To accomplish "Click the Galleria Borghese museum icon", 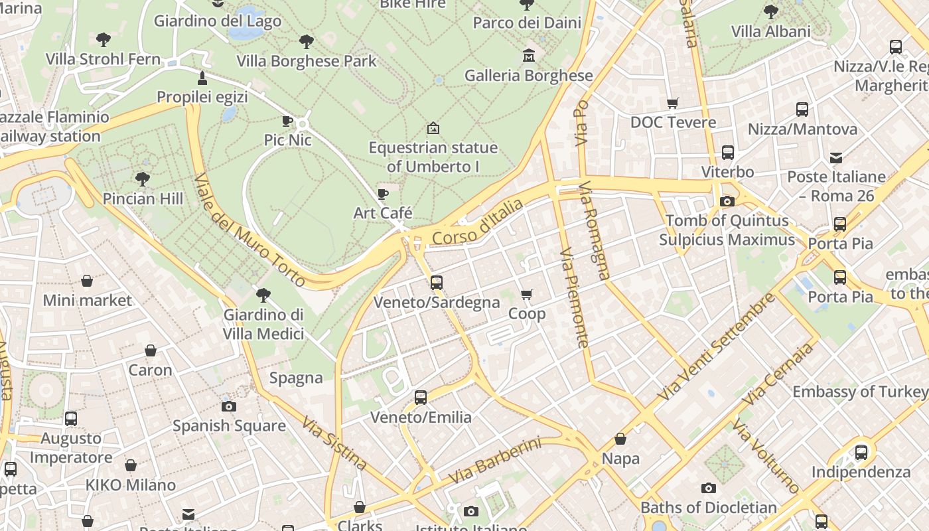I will pyautogui.click(x=529, y=54).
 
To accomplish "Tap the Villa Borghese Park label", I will pyautogui.click(x=307, y=61).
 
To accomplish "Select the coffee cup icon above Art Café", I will pyautogui.click(x=383, y=194).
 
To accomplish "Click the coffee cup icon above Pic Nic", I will pyautogui.click(x=287, y=121).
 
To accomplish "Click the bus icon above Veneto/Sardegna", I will pyautogui.click(x=436, y=282).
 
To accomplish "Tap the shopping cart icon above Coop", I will pyautogui.click(x=527, y=293).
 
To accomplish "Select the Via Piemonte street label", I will pyautogui.click(x=574, y=298).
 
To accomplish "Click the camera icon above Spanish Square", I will pyautogui.click(x=229, y=406).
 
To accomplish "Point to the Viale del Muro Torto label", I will pyautogui.click(x=250, y=230).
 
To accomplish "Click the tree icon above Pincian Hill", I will pyautogui.click(x=142, y=179).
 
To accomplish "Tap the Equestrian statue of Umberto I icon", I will pyautogui.click(x=433, y=127).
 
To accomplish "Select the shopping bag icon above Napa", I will pyautogui.click(x=620, y=439).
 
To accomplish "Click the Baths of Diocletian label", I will pyautogui.click(x=708, y=508).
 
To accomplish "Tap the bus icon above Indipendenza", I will pyautogui.click(x=861, y=453).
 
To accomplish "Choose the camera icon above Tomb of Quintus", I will pyautogui.click(x=727, y=201).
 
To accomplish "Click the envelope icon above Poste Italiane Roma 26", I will pyautogui.click(x=836, y=157).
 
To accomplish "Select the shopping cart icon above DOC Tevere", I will pyautogui.click(x=673, y=103).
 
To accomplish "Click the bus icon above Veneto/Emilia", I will pyautogui.click(x=421, y=398).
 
